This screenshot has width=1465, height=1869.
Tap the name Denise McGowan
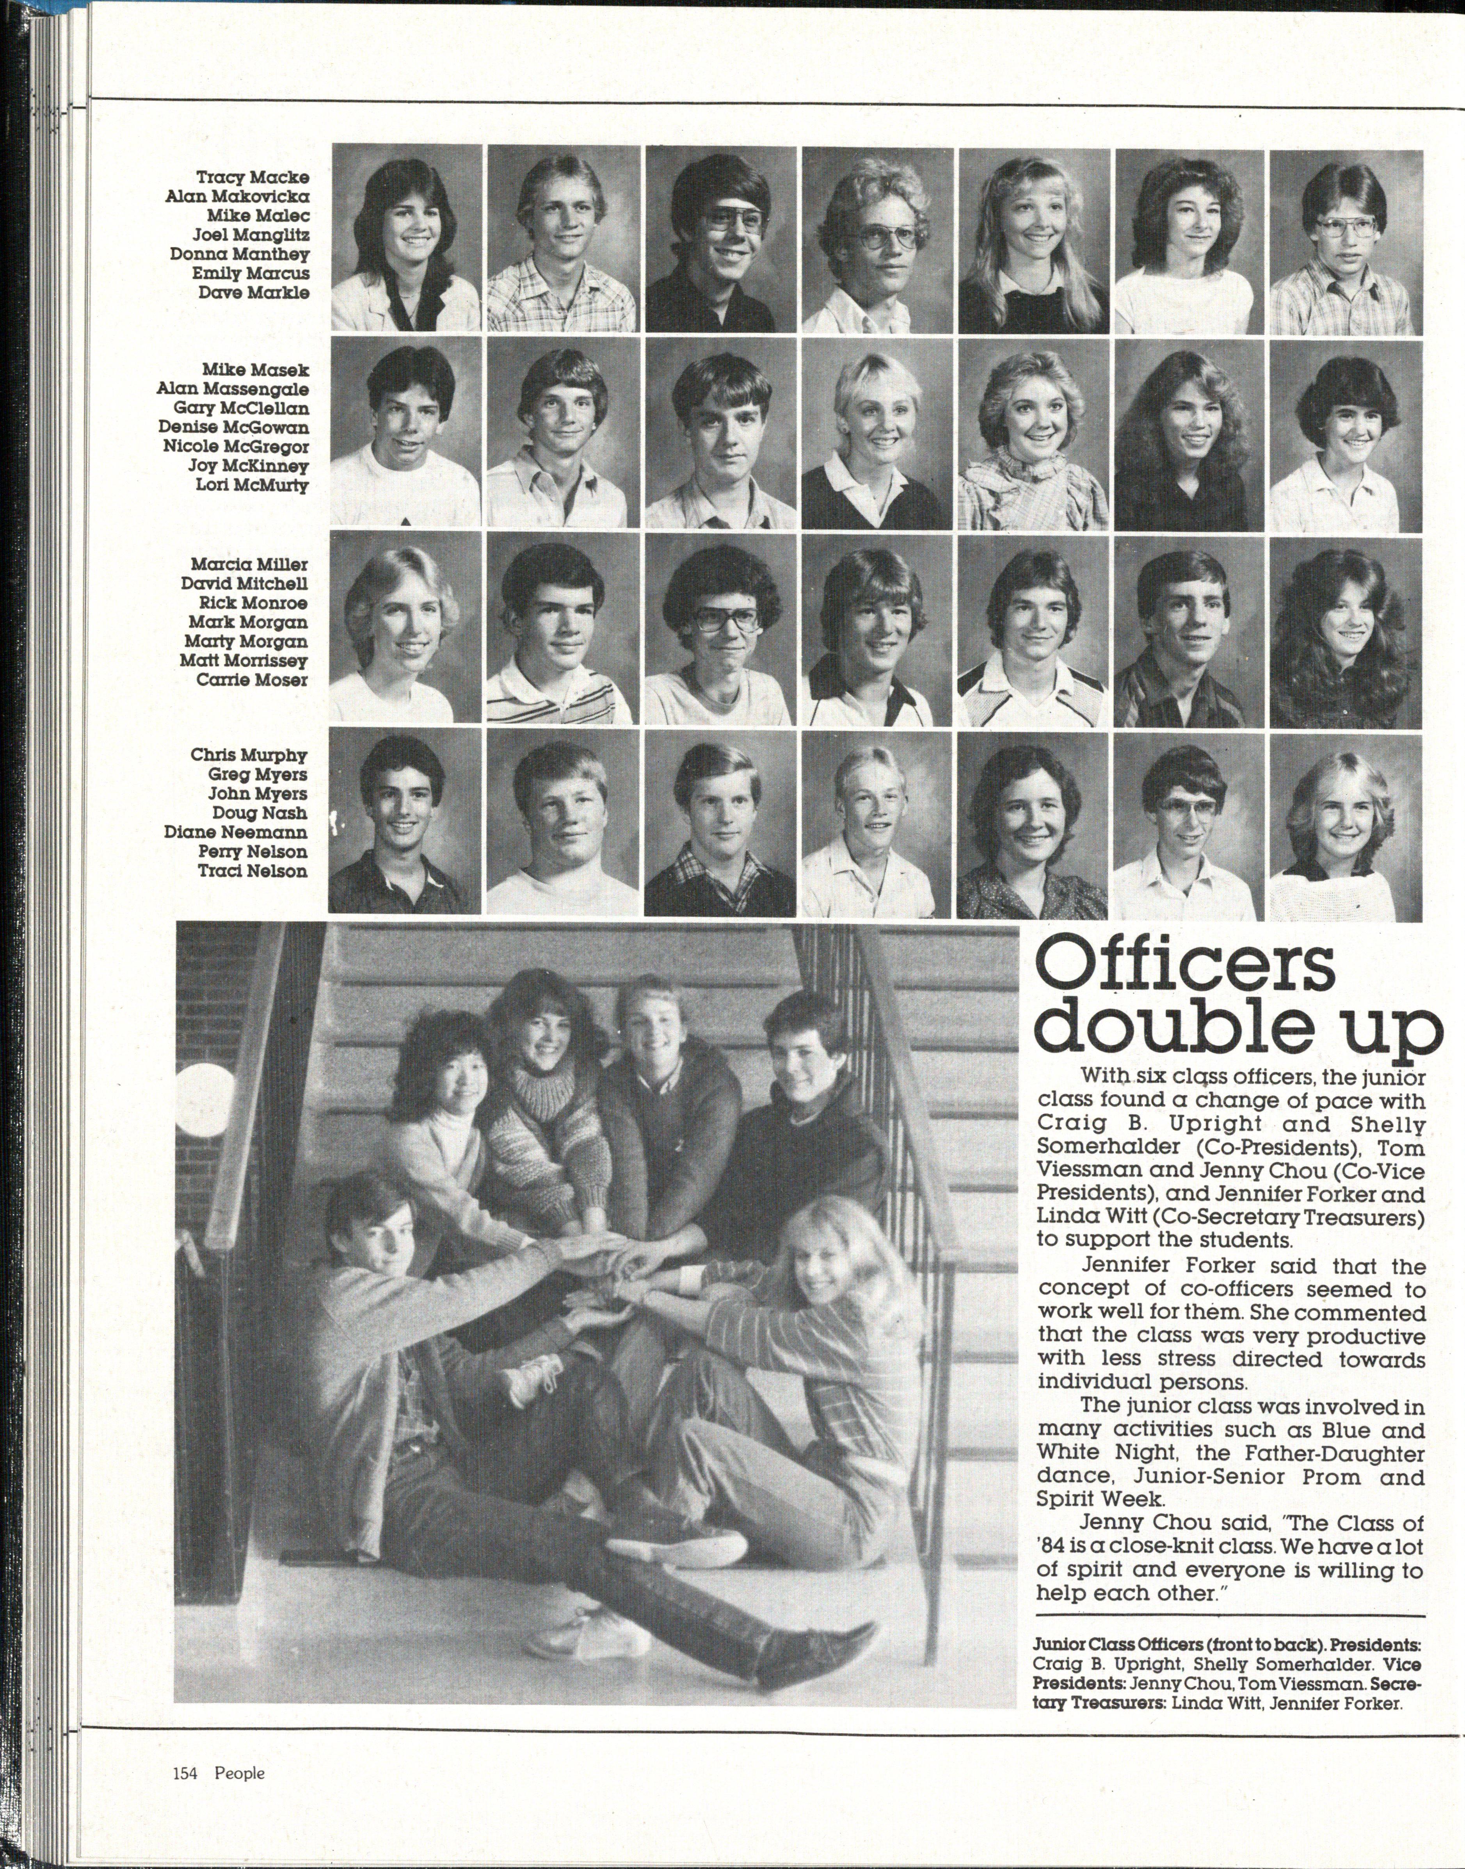click(x=233, y=427)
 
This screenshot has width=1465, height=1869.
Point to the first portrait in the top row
click(x=406, y=239)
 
